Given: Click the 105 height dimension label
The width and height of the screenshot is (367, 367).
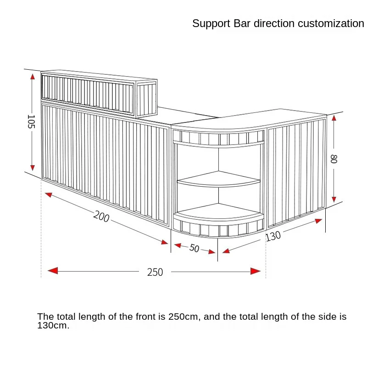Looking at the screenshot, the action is [31, 122].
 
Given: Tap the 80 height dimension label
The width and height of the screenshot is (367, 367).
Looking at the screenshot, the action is [334, 159].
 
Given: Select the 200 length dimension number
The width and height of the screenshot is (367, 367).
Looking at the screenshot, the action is [101, 217].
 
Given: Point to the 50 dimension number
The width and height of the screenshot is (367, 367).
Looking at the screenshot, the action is [194, 248].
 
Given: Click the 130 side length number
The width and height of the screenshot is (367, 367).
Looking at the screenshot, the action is [273, 236].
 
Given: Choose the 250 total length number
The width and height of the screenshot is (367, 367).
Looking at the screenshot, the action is [155, 272].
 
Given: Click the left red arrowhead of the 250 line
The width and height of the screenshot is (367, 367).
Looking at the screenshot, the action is [53, 271].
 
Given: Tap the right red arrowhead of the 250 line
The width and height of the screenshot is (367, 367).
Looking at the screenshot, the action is [256, 271].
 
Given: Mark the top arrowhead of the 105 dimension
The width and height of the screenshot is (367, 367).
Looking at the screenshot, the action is [32, 77].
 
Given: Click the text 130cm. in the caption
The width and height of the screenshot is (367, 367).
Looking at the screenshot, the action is [53, 326].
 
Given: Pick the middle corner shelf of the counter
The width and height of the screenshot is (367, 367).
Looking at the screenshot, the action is [218, 180].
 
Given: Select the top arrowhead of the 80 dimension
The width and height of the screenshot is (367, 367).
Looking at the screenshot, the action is [334, 118].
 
